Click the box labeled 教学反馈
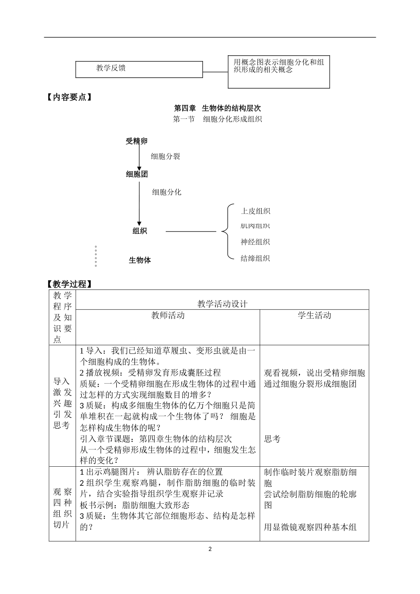tap(139, 69)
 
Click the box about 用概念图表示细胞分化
tap(279, 72)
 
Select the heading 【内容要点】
tap(69, 97)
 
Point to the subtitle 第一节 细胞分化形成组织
tap(218, 119)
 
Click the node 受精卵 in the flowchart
tap(137, 141)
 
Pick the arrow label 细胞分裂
tap(165, 156)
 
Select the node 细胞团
tap(137, 175)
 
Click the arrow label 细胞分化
tap(167, 192)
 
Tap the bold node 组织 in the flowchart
tap(140, 231)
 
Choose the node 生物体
tap(140, 260)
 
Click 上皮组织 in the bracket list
tap(255, 211)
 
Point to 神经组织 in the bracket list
tap(255, 242)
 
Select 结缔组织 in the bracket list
tap(255, 259)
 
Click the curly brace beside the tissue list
tap(226, 231)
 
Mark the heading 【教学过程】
tap(69, 284)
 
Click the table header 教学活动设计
tap(222, 304)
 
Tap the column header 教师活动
tap(168, 316)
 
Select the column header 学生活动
tap(314, 316)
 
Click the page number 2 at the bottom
tap(210, 549)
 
